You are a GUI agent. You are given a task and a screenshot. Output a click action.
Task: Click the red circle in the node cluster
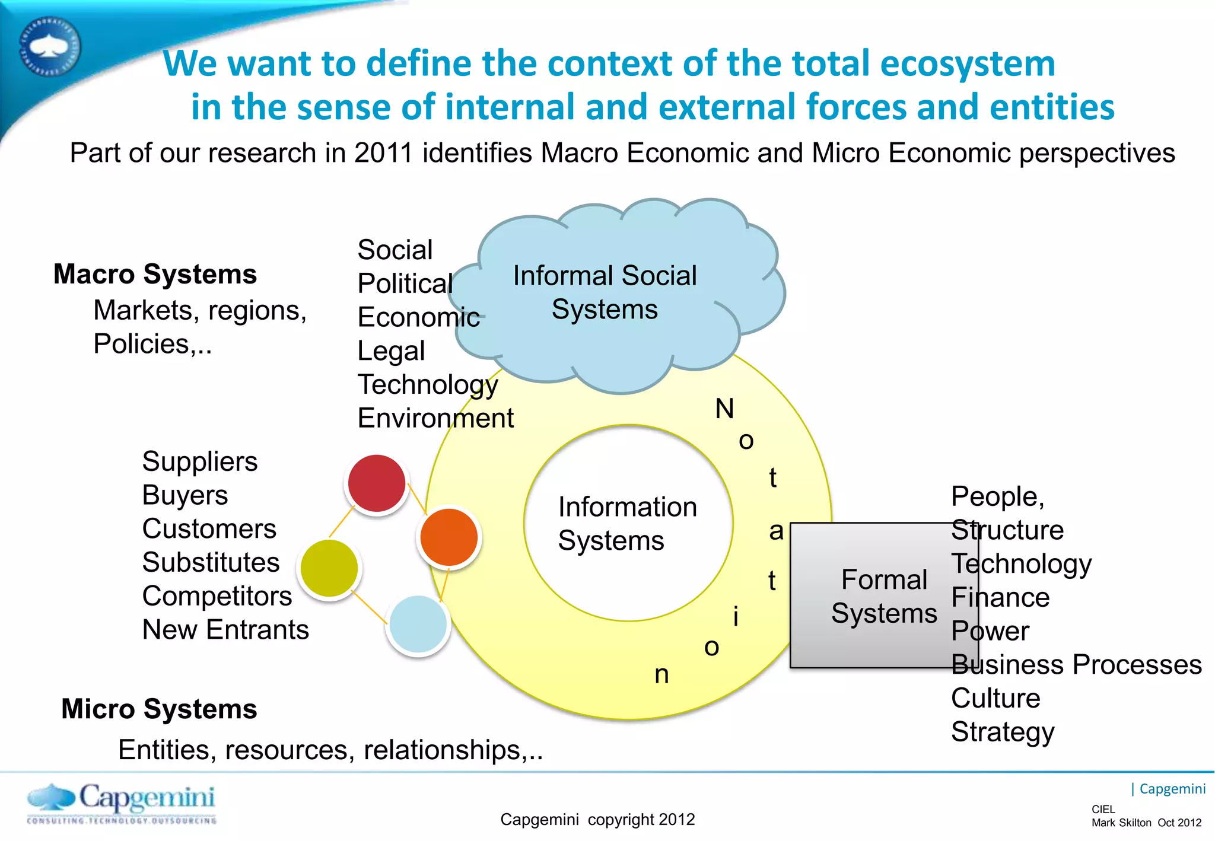pos(377,483)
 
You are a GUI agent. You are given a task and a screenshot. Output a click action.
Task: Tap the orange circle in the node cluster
pos(449,537)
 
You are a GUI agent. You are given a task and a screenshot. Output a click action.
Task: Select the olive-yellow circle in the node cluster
pos(329,568)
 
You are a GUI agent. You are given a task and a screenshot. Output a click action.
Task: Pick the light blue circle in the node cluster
pos(418,624)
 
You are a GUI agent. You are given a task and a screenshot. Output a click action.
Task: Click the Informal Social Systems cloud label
pos(605,292)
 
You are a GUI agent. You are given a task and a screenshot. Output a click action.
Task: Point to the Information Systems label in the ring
pos(627,524)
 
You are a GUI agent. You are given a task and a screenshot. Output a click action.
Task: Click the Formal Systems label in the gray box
pos(883,596)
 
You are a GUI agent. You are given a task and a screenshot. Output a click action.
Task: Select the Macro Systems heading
pos(155,274)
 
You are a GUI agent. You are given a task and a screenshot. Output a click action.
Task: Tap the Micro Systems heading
pos(159,709)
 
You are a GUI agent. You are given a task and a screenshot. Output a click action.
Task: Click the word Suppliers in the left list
pos(200,461)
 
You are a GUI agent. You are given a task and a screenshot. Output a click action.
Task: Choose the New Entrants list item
pos(225,629)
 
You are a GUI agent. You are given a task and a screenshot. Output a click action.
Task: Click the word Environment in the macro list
pos(435,418)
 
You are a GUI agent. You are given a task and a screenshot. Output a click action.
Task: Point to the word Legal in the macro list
pos(391,351)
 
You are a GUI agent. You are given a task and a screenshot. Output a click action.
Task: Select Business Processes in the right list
pos(1076,664)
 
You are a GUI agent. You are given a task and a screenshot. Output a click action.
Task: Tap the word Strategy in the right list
pos(1003,732)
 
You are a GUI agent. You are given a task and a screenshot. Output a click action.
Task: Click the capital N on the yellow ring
pos(724,409)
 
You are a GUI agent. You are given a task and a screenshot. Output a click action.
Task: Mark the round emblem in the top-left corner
pos(50,47)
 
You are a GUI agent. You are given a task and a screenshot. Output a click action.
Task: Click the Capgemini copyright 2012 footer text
pos(597,819)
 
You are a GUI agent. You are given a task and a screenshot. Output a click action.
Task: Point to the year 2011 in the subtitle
pos(383,153)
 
